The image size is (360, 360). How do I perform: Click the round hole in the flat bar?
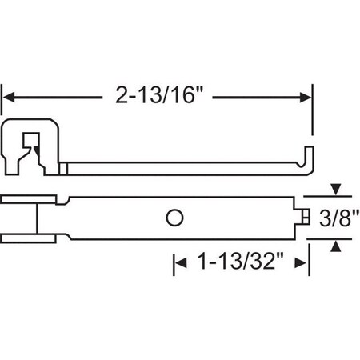pyautogui.click(x=175, y=217)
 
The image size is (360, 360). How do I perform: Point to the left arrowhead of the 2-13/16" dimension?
pyautogui.click(x=11, y=98)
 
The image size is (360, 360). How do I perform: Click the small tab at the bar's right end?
pyautogui.click(x=307, y=217)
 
